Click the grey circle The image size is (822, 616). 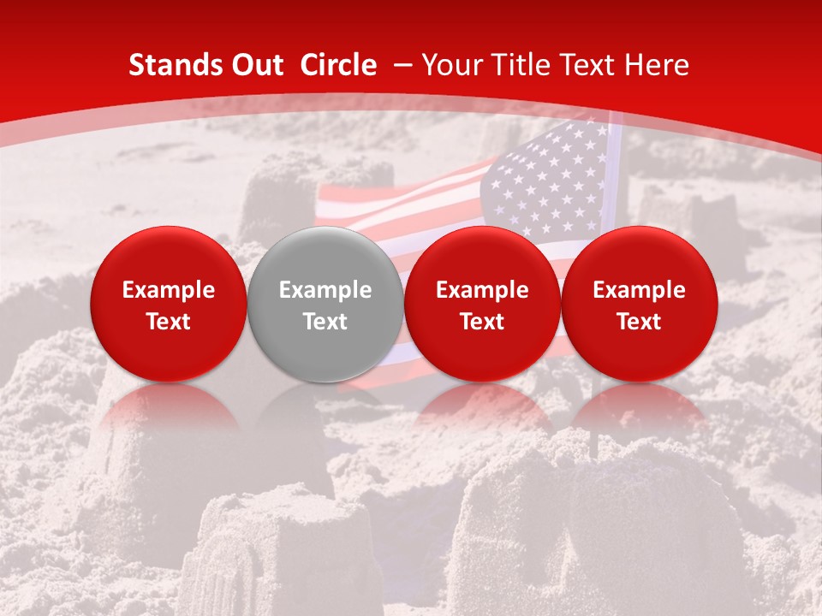(325, 305)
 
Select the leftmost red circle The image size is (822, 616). (169, 305)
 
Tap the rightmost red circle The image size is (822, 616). (639, 305)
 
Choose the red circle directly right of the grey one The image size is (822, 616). (482, 305)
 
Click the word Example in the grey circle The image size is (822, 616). (325, 290)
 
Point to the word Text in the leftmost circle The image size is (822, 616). (169, 322)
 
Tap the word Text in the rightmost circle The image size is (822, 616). (639, 322)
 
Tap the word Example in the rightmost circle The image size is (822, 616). (639, 290)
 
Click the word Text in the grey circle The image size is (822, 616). (325, 322)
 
